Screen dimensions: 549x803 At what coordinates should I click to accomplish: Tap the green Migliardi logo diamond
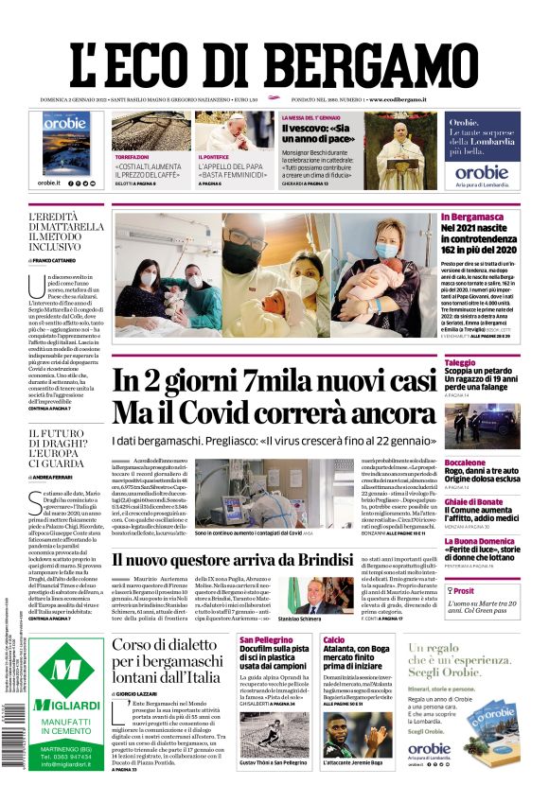(66, 672)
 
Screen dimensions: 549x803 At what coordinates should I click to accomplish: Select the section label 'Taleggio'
(460, 362)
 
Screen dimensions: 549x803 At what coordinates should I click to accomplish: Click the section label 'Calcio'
(333, 640)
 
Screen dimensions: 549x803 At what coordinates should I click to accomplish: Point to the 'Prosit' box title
(467, 589)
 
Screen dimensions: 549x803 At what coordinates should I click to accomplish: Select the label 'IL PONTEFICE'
(213, 156)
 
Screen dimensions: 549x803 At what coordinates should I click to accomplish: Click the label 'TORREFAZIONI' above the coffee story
(132, 156)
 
